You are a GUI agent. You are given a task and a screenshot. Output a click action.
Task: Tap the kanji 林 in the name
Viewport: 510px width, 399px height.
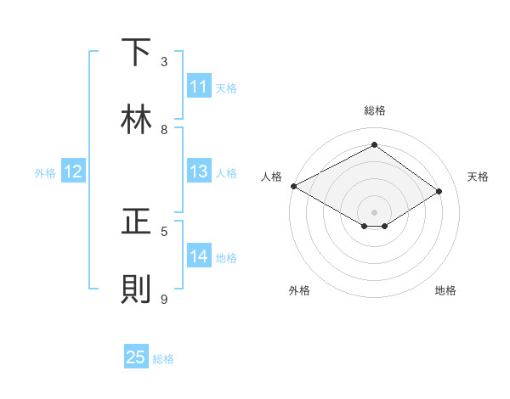[137, 119]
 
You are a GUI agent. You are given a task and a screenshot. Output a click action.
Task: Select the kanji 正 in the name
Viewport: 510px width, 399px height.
[137, 222]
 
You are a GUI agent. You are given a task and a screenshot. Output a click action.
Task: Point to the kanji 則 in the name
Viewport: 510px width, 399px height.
[137, 289]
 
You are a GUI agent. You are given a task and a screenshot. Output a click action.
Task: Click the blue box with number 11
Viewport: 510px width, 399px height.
[199, 87]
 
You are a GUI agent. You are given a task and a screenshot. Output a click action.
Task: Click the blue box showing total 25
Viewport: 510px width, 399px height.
[136, 357]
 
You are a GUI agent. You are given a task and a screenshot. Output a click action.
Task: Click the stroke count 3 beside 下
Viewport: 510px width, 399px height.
[164, 62]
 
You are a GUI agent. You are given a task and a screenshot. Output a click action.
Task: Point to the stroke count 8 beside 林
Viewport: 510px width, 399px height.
[164, 130]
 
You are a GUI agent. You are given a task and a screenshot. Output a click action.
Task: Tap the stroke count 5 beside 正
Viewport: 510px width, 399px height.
[164, 231]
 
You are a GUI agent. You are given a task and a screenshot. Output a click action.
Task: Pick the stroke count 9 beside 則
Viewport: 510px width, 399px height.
[164, 299]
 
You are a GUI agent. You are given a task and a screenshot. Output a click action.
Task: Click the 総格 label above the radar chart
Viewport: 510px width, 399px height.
[375, 110]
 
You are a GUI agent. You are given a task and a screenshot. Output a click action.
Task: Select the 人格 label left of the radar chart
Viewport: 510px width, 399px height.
[272, 177]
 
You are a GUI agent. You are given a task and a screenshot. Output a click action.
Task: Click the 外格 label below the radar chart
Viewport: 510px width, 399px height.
[299, 290]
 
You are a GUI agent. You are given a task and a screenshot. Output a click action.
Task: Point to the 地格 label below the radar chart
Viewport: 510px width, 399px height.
[445, 290]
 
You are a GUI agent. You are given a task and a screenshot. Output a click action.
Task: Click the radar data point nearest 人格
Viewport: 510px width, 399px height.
[293, 186]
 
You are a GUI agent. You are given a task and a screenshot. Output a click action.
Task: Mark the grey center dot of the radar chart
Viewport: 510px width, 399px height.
[374, 211]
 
